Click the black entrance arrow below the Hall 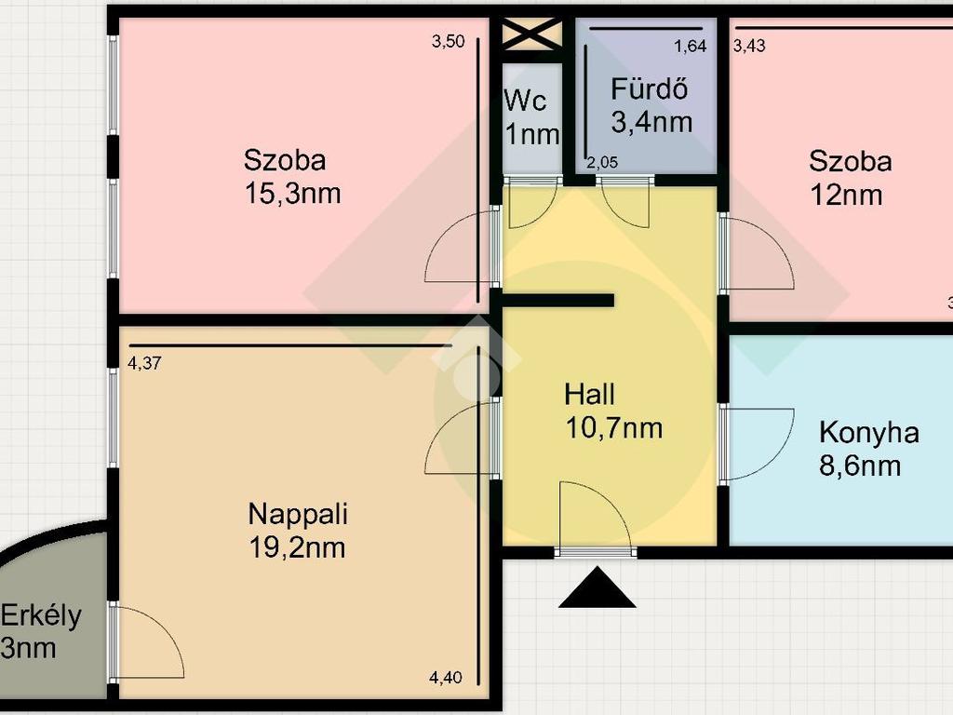pos(597,587)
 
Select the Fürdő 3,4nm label pos(651,106)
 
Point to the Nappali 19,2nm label pos(298,530)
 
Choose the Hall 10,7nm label pos(613,411)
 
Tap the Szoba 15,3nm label pos(292,176)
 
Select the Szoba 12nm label pos(851,178)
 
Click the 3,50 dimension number pos(448,41)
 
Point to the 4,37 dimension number pos(144,363)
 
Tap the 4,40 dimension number pos(446,678)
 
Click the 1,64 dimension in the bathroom pos(691,47)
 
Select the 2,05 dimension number pos(602,162)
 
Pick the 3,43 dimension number pos(749,46)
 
